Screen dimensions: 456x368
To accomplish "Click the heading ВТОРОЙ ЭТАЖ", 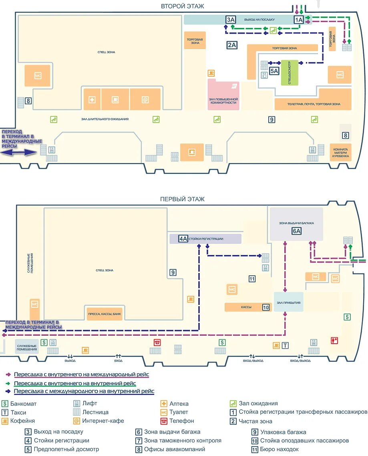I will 182,6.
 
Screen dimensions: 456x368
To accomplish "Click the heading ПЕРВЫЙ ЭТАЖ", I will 182,199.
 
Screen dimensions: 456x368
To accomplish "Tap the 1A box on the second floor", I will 299,19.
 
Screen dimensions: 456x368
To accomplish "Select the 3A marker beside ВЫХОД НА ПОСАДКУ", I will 230,19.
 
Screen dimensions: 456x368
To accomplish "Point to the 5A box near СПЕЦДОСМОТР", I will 274,71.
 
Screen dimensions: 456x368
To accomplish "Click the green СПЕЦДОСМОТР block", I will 290,72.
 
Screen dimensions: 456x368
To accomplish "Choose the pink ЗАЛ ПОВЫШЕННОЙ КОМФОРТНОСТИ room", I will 223,96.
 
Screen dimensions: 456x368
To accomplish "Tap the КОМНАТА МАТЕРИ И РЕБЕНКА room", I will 341,152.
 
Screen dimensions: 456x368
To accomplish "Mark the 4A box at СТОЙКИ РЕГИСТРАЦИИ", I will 183,239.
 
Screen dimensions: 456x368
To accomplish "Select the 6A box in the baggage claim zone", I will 296,231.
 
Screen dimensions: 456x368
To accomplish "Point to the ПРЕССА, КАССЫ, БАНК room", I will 104,314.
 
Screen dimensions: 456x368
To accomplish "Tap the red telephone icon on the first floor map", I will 157,342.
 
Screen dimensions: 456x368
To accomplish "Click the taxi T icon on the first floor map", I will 286,345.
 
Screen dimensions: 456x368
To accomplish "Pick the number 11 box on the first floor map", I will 252,279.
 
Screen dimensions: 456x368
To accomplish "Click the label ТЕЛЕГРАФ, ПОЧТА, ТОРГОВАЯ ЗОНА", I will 314,104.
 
